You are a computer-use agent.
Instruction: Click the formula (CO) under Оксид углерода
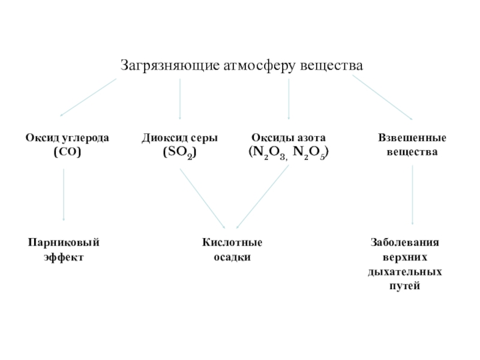(x=67, y=152)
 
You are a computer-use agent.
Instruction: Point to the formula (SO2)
(x=179, y=152)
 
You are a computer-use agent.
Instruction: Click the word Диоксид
(x=161, y=138)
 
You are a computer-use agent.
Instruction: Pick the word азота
(x=313, y=138)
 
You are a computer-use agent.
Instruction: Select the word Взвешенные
(x=412, y=138)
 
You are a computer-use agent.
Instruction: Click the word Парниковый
(x=64, y=242)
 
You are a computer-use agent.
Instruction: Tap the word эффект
(x=64, y=257)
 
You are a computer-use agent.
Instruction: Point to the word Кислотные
(x=232, y=242)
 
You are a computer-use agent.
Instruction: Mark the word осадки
(x=232, y=257)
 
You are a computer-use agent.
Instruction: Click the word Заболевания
(x=405, y=242)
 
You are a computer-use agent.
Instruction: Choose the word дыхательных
(x=405, y=272)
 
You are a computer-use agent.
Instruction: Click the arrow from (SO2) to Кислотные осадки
(x=202, y=198)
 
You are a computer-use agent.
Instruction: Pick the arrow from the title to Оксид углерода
(x=88, y=97)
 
